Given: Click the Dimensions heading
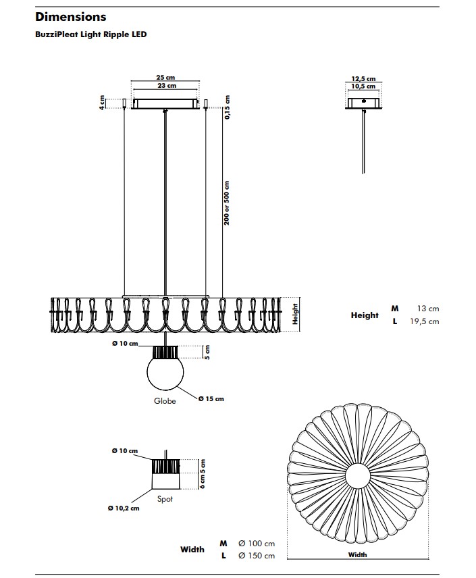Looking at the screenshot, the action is [70, 17].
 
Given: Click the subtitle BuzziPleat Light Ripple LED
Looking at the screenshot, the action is [90, 34].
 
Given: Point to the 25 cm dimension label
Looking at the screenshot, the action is [165, 78].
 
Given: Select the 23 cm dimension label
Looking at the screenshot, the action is [167, 86].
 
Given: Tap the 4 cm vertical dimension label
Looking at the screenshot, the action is [102, 103].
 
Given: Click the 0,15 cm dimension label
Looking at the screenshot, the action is [227, 107].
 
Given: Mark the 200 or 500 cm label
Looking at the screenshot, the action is [226, 203].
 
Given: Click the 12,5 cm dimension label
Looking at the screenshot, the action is [363, 79].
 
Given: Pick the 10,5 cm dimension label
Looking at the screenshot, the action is [363, 86].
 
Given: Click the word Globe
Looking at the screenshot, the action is [165, 401].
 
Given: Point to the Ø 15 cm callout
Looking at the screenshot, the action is [211, 399].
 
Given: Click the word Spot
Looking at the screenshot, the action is [165, 499].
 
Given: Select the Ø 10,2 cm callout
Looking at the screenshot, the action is [124, 508].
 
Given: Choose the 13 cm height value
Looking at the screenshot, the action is [428, 309].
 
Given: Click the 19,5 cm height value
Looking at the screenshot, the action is [425, 321].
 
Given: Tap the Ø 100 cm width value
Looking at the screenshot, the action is [257, 544].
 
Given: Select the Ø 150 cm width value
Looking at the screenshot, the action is [257, 556].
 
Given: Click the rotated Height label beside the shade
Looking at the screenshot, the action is [294, 314].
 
